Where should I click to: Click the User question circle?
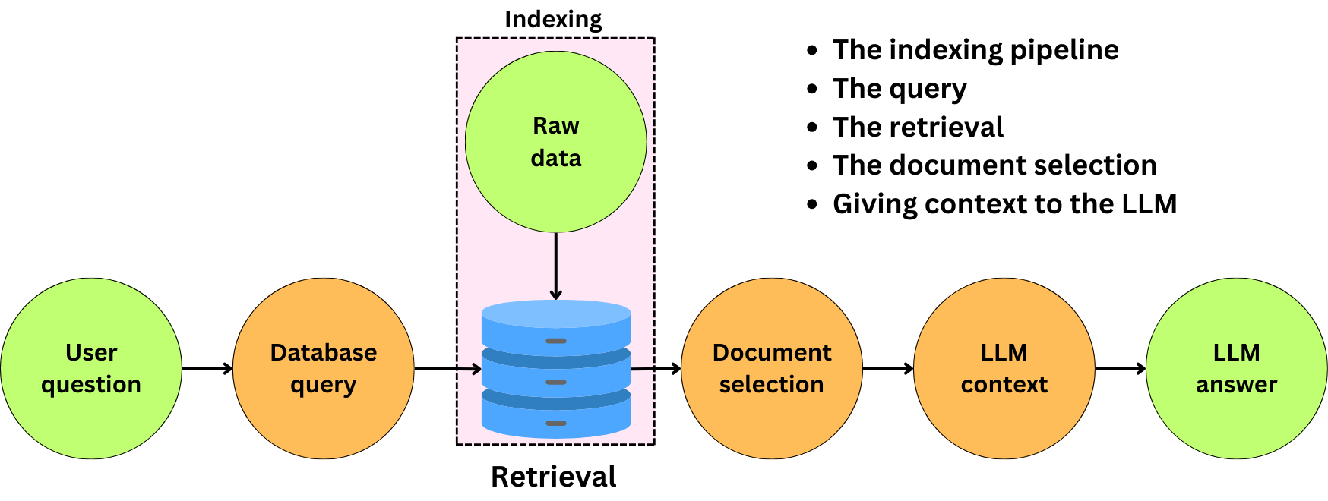pos(91,368)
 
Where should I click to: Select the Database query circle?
pos(324,368)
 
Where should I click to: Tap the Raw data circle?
pos(556,142)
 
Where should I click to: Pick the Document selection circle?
pos(772,368)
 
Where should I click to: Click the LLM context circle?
pos(1004,368)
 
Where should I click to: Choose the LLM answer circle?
pos(1237,368)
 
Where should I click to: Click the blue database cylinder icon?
pos(556,369)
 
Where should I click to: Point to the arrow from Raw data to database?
pos(556,266)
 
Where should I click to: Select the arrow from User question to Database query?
pos(207,369)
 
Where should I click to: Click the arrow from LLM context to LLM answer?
pos(1121,369)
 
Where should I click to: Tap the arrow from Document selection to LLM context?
pos(888,369)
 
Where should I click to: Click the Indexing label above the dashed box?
pos(553,20)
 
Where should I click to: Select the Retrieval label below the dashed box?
pos(554,477)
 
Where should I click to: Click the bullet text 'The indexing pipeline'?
pos(975,50)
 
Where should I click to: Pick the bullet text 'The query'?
pos(900,89)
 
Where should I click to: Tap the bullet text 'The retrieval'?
pos(918,127)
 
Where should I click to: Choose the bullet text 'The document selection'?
pos(994,165)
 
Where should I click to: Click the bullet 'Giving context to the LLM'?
pos(1004,204)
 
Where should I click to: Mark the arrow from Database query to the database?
pos(448,369)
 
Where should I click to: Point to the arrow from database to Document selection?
pos(656,369)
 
